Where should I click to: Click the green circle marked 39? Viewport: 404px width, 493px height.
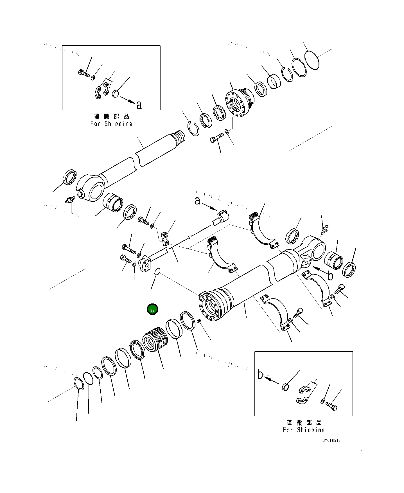click(152, 310)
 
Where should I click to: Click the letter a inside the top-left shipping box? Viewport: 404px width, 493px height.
click(139, 105)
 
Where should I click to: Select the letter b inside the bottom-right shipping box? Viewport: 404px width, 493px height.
click(260, 375)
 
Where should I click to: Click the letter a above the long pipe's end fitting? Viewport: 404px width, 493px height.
click(197, 201)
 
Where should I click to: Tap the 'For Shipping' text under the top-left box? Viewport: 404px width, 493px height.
click(111, 123)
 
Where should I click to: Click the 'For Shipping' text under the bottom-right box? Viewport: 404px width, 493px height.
click(304, 430)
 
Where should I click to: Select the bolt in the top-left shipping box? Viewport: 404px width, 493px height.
click(83, 73)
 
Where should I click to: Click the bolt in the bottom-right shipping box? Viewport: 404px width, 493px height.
click(331, 406)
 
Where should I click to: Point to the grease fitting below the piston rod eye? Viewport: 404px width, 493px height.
click(69, 200)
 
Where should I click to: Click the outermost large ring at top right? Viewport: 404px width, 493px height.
click(312, 60)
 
